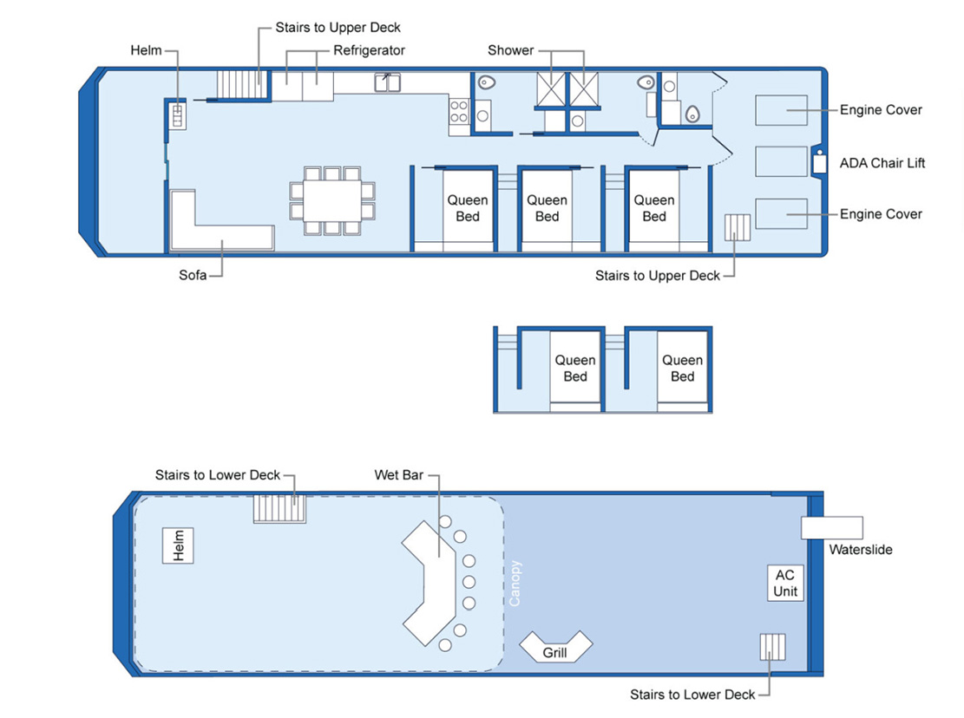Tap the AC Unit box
pos(784,584)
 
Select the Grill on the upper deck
pos(555,647)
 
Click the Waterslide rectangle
pos(831,527)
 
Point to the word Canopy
pos(515,583)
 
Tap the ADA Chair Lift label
pos(882,163)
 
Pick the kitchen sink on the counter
pos(388,83)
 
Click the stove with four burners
pos(459,111)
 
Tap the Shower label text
pos(510,50)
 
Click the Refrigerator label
pos(369,50)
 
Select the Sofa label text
pos(192,277)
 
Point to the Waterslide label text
pos(860,550)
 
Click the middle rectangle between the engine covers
pos(781,162)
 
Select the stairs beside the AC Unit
pos(772,648)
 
